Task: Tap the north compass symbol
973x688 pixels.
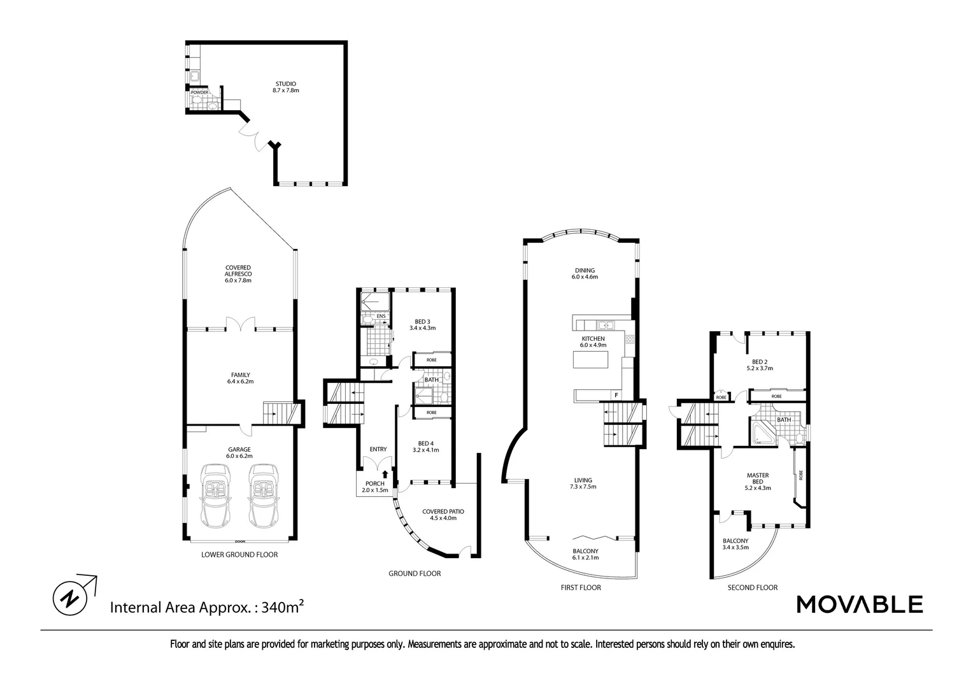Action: pos(69,598)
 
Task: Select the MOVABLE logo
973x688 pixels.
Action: pos(860,604)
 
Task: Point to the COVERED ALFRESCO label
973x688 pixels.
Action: pos(238,274)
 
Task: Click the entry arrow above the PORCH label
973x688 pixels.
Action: pos(385,473)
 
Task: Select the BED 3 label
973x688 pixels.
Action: pos(422,324)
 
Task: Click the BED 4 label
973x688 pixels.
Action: pos(425,447)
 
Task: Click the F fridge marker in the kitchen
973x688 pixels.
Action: pos(616,396)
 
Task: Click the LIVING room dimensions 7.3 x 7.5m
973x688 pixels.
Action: pos(583,487)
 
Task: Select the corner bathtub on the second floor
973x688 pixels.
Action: pos(762,434)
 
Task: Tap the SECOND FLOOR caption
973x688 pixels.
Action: pos(752,587)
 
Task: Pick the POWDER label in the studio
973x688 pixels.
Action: pos(199,92)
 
